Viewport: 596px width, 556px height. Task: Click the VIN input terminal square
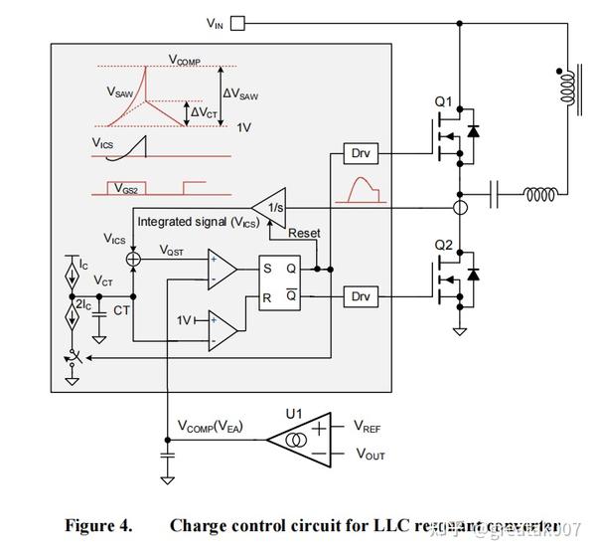[x=237, y=22]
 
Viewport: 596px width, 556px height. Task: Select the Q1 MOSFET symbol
[x=450, y=135]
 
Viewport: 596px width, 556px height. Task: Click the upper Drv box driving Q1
[x=360, y=153]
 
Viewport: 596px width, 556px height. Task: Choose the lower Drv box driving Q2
[x=360, y=296]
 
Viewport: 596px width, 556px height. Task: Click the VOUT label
[x=371, y=455]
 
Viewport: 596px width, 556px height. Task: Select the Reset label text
[x=304, y=233]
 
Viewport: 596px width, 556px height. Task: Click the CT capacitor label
[x=121, y=311]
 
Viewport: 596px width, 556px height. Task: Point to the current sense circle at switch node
[x=460, y=207]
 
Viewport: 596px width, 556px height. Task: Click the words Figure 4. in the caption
[x=100, y=525]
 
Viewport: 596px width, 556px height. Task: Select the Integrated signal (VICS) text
[x=198, y=222]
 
